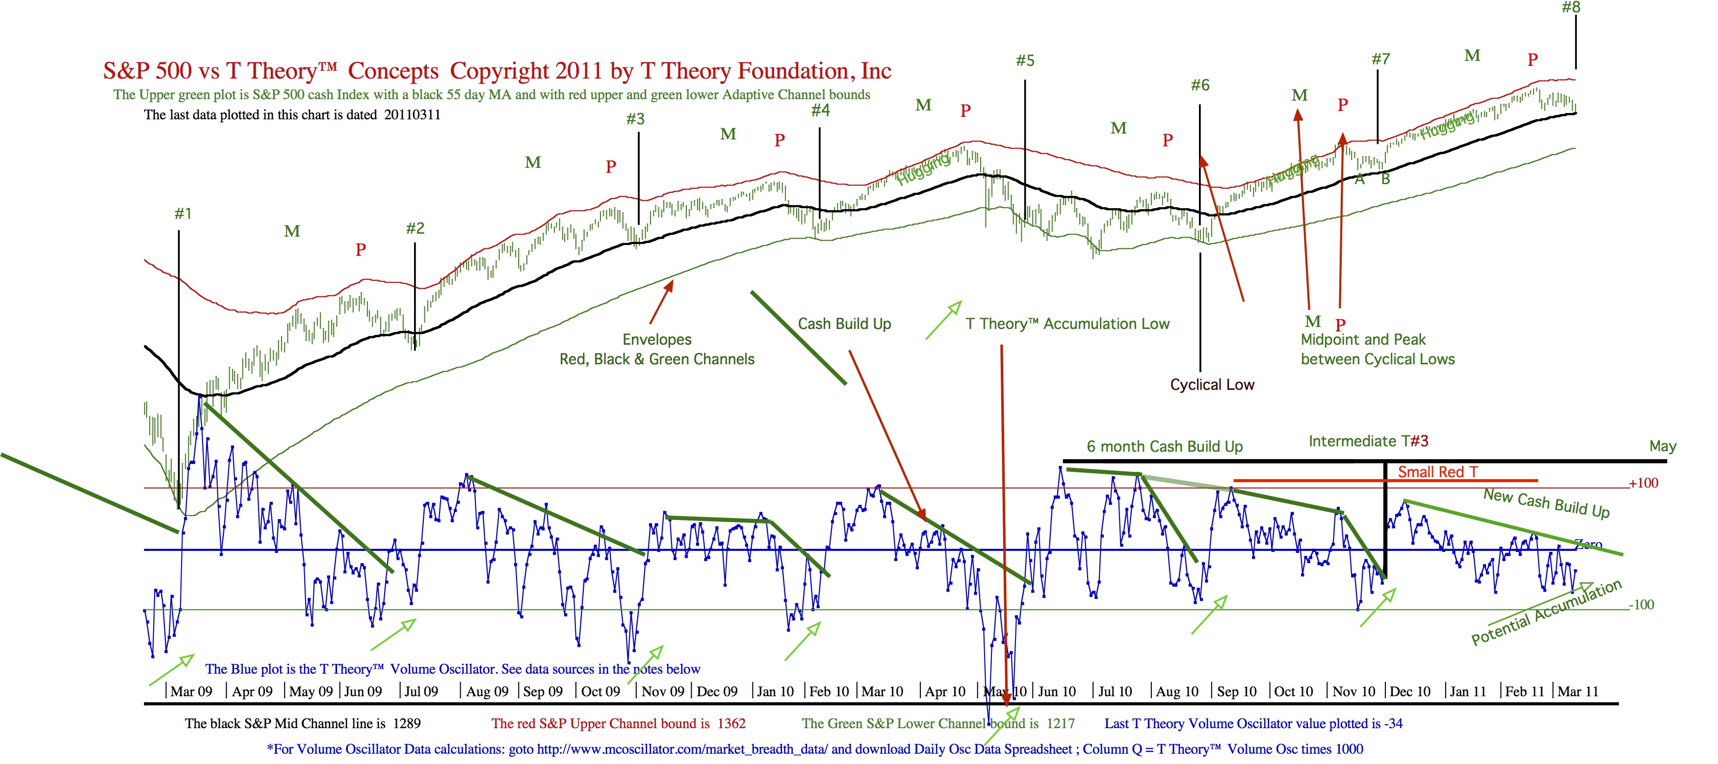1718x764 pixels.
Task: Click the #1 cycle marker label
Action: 182,214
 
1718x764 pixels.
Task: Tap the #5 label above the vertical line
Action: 1025,61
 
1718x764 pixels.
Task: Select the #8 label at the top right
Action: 1571,7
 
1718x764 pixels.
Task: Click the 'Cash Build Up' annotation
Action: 844,324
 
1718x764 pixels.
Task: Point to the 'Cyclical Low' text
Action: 1212,384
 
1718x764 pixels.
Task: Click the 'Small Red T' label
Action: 1437,472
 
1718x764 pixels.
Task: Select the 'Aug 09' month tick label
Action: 487,691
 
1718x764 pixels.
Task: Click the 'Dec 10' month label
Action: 1410,691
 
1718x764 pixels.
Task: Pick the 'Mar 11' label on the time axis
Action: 1578,691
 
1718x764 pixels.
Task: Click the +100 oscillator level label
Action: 1643,483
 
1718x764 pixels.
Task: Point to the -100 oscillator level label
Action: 1641,604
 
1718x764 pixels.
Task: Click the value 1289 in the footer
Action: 407,723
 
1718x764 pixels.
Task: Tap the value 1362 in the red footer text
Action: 731,723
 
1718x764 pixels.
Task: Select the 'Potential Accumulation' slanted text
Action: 1546,613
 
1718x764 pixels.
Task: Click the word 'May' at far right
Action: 1663,446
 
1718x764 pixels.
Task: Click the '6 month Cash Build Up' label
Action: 1165,446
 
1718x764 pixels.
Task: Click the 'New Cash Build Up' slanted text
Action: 1546,503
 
